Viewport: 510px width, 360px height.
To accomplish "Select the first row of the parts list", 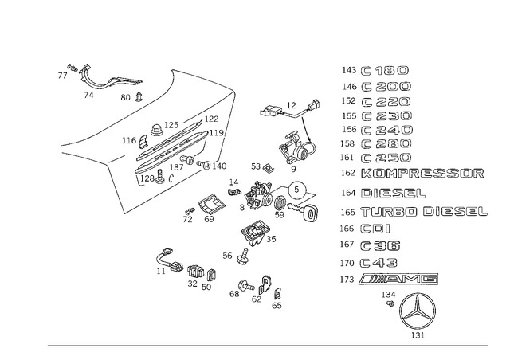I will [x=375, y=69].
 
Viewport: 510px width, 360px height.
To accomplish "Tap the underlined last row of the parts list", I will [x=390, y=279].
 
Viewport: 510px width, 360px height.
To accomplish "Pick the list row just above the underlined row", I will [x=369, y=262].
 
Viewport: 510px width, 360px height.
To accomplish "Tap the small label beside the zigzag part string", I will [x=128, y=98].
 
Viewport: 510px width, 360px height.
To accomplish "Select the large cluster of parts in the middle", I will [x=275, y=198].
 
